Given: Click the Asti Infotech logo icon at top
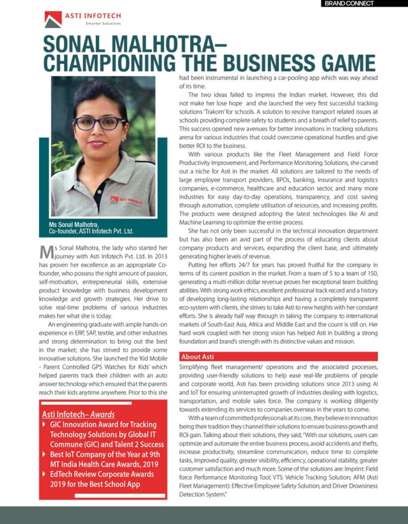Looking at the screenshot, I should (x=53, y=19).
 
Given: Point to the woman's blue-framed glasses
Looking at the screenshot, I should (x=99, y=123).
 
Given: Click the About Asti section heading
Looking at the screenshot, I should (x=198, y=356).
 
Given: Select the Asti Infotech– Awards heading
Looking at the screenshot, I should (x=78, y=414).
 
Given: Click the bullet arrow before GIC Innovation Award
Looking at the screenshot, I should (x=45, y=425).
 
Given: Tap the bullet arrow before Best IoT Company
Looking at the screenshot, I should (x=45, y=454).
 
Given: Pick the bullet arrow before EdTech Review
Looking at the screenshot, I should (x=45, y=474).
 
